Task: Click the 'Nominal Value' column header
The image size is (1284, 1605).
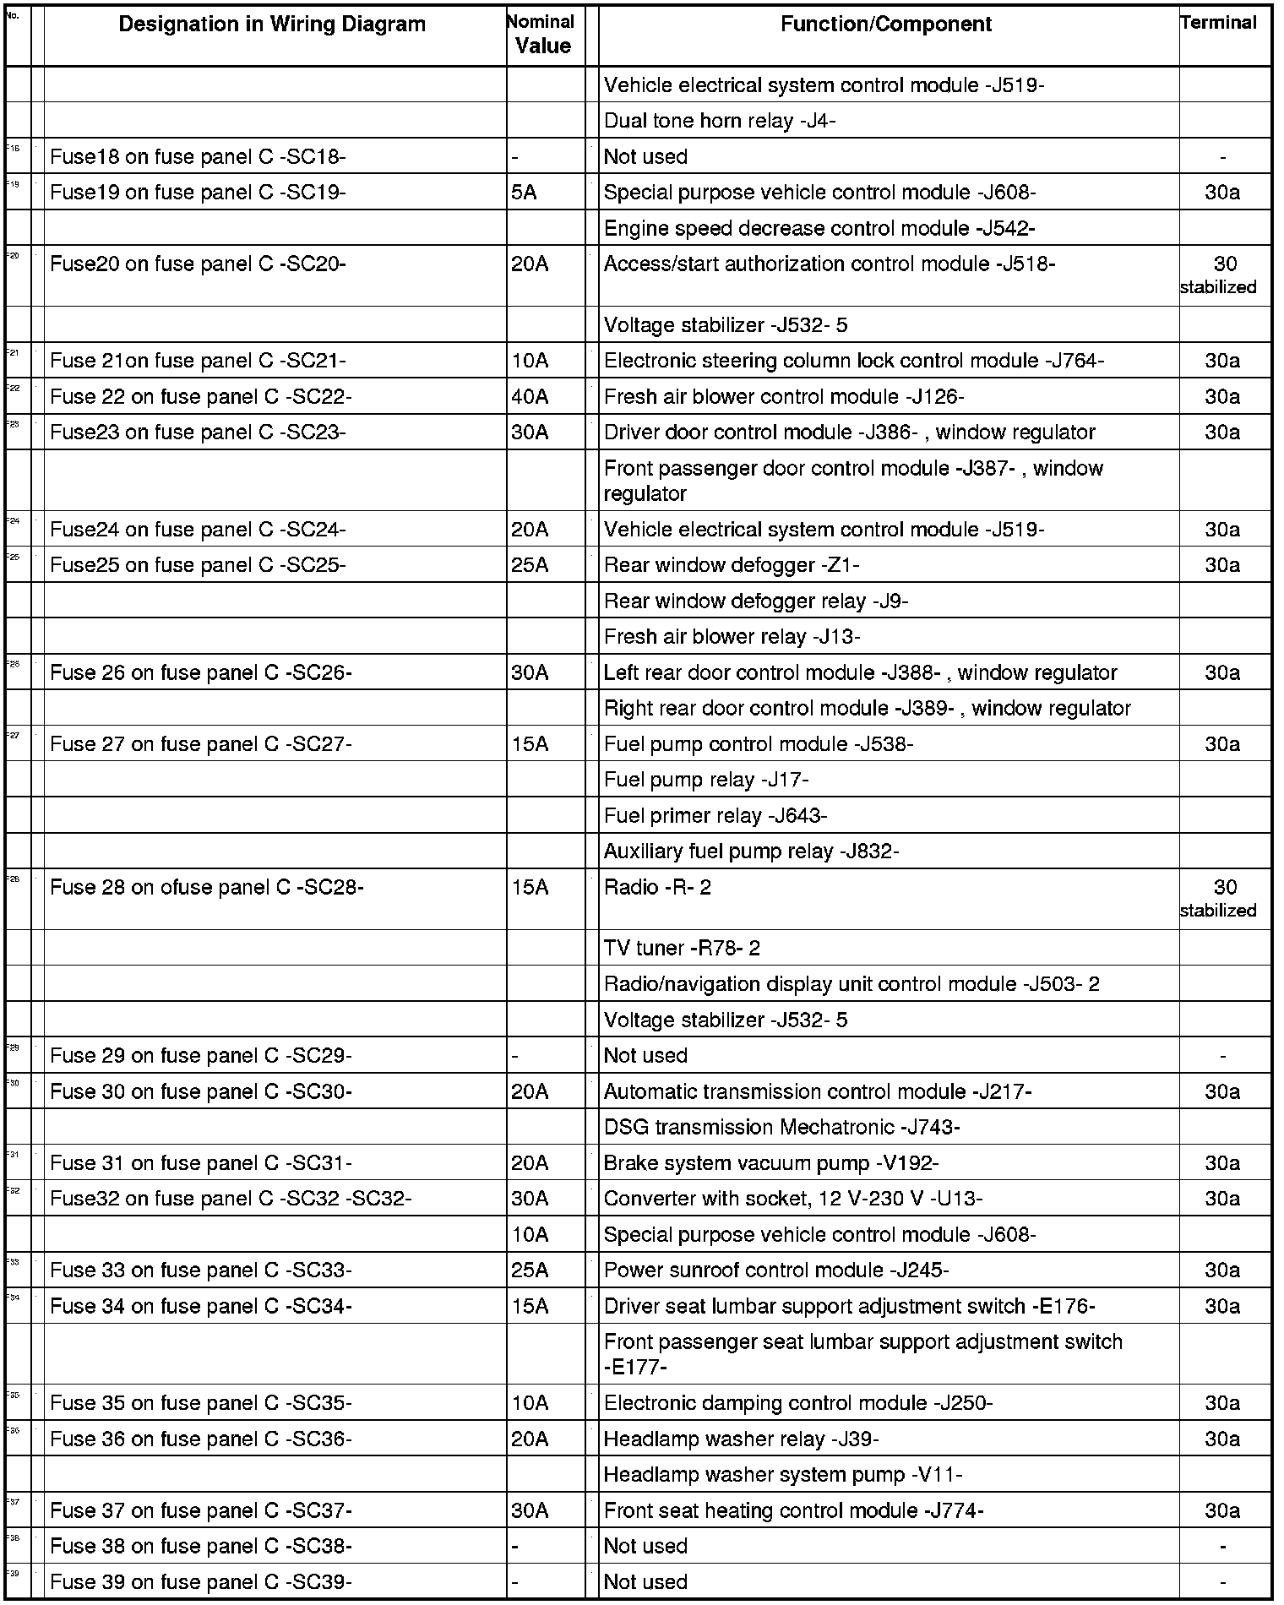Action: tap(543, 35)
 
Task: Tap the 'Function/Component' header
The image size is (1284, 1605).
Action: tap(886, 24)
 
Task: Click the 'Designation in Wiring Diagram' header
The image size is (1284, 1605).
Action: tap(272, 24)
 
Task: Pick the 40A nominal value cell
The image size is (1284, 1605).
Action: tap(530, 396)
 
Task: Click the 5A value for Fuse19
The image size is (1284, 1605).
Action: tap(524, 193)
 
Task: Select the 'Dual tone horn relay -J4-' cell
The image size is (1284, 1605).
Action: tap(720, 121)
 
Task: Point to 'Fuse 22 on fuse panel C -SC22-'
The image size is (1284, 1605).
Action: tap(201, 396)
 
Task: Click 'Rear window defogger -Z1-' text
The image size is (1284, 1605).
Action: tap(732, 565)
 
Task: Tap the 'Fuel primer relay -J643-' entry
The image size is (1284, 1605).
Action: tap(715, 816)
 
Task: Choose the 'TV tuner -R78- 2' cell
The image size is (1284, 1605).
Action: tap(682, 949)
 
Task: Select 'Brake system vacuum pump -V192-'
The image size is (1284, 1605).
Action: tap(771, 1163)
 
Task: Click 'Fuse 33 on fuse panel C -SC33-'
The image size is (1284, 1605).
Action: tap(201, 1270)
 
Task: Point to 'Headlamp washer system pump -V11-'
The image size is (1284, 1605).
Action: tap(783, 1475)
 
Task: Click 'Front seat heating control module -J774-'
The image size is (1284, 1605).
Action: tap(794, 1510)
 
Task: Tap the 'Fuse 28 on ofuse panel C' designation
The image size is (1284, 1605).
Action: tap(207, 887)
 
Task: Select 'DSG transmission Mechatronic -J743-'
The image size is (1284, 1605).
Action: tap(782, 1128)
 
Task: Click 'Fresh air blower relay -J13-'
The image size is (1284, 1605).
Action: tap(732, 637)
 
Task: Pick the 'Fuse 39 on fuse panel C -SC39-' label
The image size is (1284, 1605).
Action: tap(201, 1582)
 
